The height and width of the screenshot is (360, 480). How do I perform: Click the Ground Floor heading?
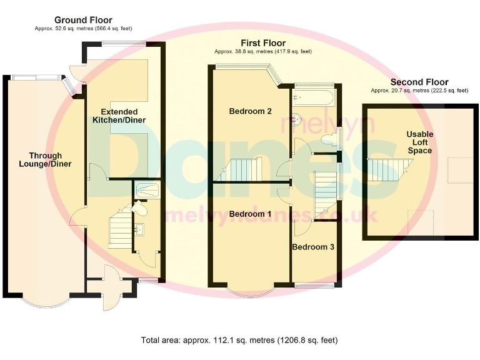83,20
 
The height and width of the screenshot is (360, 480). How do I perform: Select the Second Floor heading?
419,82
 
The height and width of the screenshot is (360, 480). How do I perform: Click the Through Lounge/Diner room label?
45,160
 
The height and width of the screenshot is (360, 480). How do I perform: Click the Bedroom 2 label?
250,112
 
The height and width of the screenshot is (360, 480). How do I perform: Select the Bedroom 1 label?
250,214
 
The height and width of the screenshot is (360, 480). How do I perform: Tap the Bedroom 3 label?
312,247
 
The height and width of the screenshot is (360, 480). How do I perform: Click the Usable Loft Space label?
419,142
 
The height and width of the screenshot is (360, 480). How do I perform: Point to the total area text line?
239,341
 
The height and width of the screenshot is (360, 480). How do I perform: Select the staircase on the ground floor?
120,231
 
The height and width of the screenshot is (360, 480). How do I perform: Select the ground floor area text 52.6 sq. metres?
83,29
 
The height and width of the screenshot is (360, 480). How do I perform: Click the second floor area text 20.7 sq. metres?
419,91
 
